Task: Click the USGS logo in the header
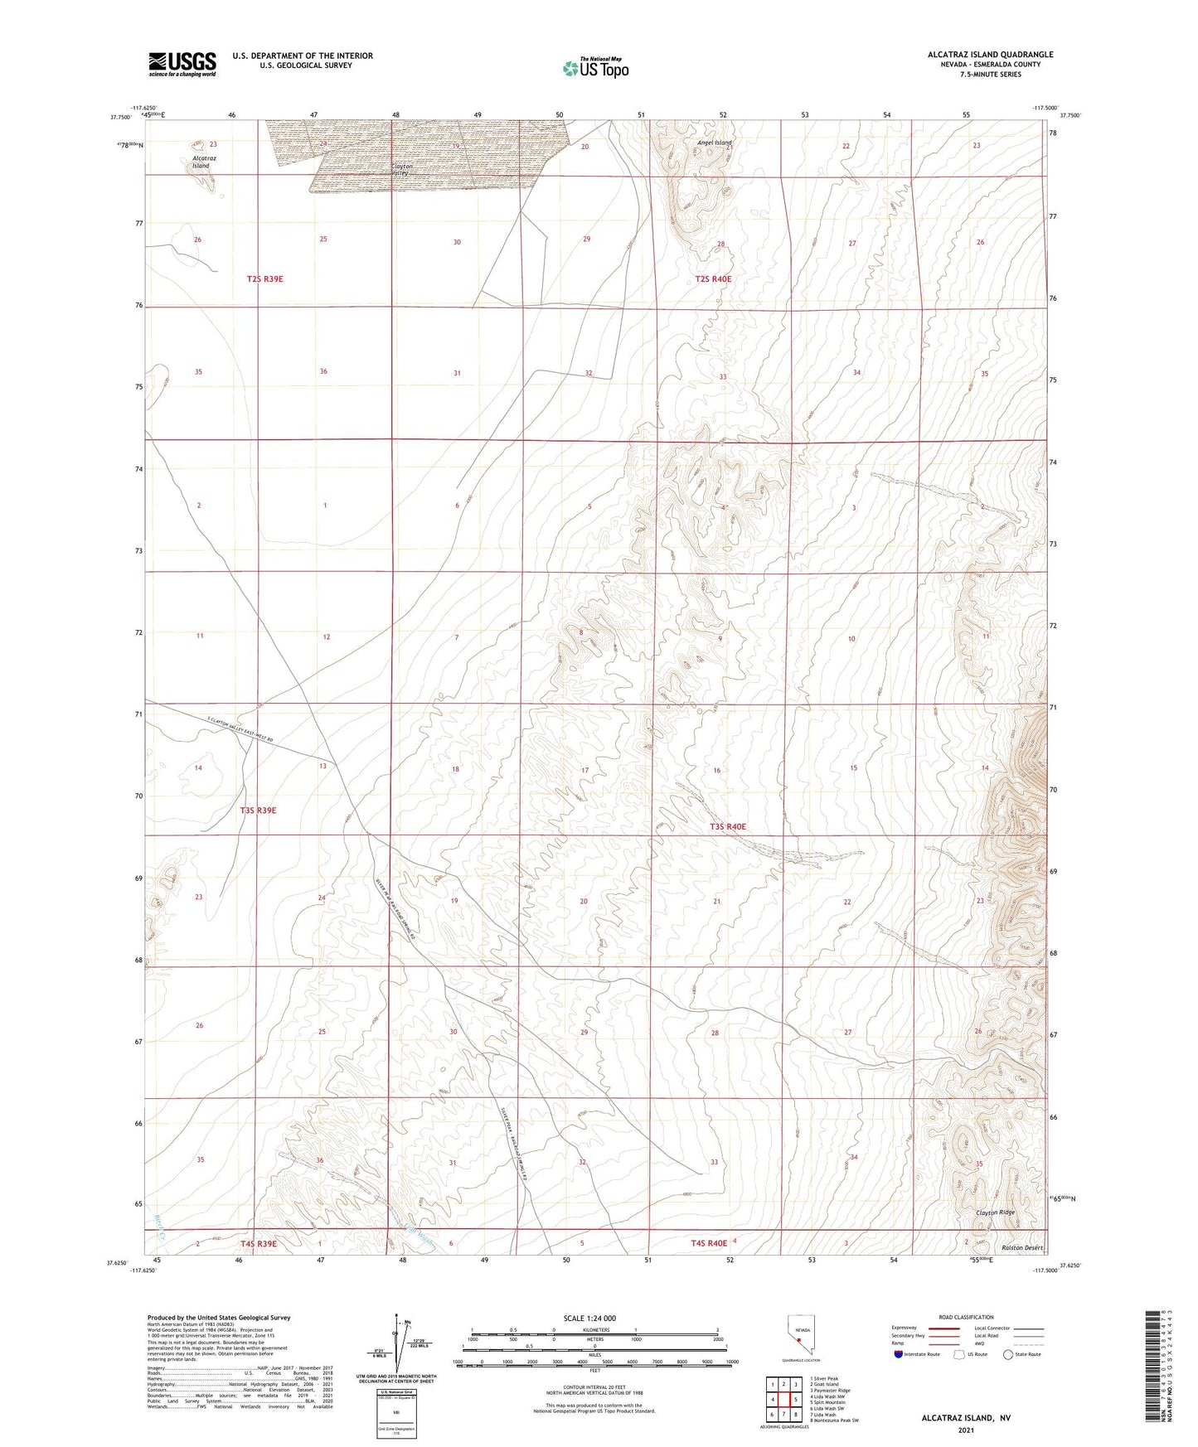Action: (x=182, y=63)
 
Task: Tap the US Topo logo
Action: (x=594, y=68)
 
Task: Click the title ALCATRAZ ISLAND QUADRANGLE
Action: (x=991, y=55)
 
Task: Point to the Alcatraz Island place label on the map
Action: (x=201, y=162)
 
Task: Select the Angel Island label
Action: (x=714, y=143)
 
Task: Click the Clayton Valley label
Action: (x=402, y=169)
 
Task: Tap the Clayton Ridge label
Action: (x=995, y=1212)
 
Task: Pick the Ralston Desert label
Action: (x=1021, y=1247)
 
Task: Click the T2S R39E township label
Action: (x=264, y=279)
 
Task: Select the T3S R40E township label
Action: (x=727, y=827)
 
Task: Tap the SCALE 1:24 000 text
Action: (x=589, y=1318)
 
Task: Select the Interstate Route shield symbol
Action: (x=898, y=1355)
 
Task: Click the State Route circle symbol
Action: (x=1008, y=1355)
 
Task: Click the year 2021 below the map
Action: (x=966, y=1430)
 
